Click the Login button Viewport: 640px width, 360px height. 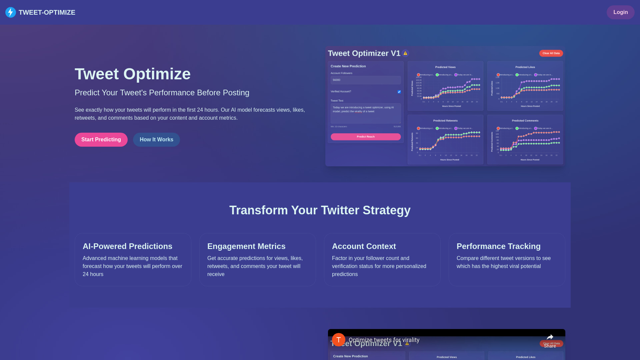pyautogui.click(x=620, y=12)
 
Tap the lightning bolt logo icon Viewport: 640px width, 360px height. pyautogui.click(x=11, y=12)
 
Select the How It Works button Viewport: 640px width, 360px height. pyautogui.click(x=156, y=140)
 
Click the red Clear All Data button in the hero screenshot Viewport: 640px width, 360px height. pyautogui.click(x=551, y=53)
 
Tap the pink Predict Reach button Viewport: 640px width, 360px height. pyautogui.click(x=366, y=137)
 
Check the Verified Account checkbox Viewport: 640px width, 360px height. pyautogui.click(x=399, y=92)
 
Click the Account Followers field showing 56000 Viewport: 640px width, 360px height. pyautogui.click(x=366, y=80)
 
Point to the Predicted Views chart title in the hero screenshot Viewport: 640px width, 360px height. pyautogui.click(x=445, y=67)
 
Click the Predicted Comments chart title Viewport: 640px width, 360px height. pyautogui.click(x=525, y=121)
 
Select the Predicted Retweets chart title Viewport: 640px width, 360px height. pyautogui.click(x=445, y=121)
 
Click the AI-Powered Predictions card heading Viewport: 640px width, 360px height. pyautogui.click(x=127, y=246)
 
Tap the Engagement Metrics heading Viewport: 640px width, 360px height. pyautogui.click(x=246, y=246)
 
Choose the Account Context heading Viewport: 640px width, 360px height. pyautogui.click(x=364, y=246)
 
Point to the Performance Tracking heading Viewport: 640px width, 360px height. pyautogui.click(x=498, y=246)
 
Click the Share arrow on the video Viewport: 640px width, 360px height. pyautogui.click(x=550, y=338)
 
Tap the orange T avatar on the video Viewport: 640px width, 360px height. pyautogui.click(x=338, y=340)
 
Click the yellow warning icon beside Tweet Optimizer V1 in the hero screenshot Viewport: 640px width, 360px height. pyautogui.click(x=405, y=53)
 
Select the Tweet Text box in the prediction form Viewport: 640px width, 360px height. pyautogui.click(x=366, y=113)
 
